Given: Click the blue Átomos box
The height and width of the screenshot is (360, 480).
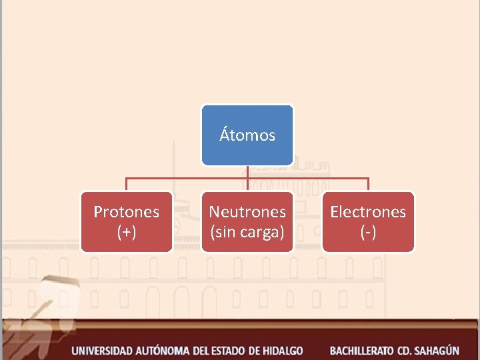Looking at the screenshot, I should tap(247, 135).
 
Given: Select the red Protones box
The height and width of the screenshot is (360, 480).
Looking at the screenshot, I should tap(127, 222).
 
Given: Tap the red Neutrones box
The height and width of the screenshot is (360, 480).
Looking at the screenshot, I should tap(247, 222).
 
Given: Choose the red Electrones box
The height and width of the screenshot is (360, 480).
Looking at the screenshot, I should tap(368, 222).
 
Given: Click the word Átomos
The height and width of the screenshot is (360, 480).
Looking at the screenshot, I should tap(247, 135).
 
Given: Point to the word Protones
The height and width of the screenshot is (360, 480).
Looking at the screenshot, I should tap(127, 212).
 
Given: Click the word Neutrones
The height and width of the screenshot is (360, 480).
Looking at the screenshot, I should tap(247, 212).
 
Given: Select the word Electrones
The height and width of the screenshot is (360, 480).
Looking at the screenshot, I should tap(368, 212).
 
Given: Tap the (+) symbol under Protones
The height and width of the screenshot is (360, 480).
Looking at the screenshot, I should tap(127, 232).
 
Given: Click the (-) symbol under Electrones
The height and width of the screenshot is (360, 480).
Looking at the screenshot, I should tap(368, 232).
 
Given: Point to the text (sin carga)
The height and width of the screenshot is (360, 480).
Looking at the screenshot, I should tap(247, 232).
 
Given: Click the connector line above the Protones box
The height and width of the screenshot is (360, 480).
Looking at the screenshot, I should tap(127, 185).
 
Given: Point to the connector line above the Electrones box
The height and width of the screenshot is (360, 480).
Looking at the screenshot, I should tap(368, 185).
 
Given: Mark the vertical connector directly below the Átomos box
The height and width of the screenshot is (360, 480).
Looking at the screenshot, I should tap(247, 171).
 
